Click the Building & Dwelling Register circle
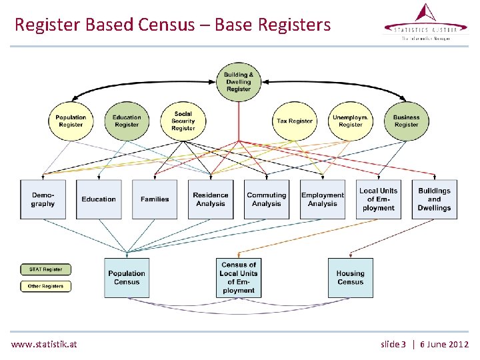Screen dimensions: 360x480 238,82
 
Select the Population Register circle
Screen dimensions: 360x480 71,121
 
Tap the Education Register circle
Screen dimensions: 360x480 127,121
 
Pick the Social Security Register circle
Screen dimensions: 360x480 183,121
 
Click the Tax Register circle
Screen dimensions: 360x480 295,121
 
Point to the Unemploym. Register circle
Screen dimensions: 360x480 350,121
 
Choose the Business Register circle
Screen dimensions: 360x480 406,121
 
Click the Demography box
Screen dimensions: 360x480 43,199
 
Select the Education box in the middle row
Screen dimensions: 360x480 99,199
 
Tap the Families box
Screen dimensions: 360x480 155,199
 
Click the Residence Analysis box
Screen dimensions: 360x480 211,199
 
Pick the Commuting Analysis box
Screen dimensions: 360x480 267,199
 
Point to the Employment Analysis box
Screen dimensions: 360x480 323,199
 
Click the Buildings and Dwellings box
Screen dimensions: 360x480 434,199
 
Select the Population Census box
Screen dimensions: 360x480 127,277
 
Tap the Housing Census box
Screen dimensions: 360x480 350,277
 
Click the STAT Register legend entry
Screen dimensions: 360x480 45,269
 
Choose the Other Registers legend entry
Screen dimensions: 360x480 45,286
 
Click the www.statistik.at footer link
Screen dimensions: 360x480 44,344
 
